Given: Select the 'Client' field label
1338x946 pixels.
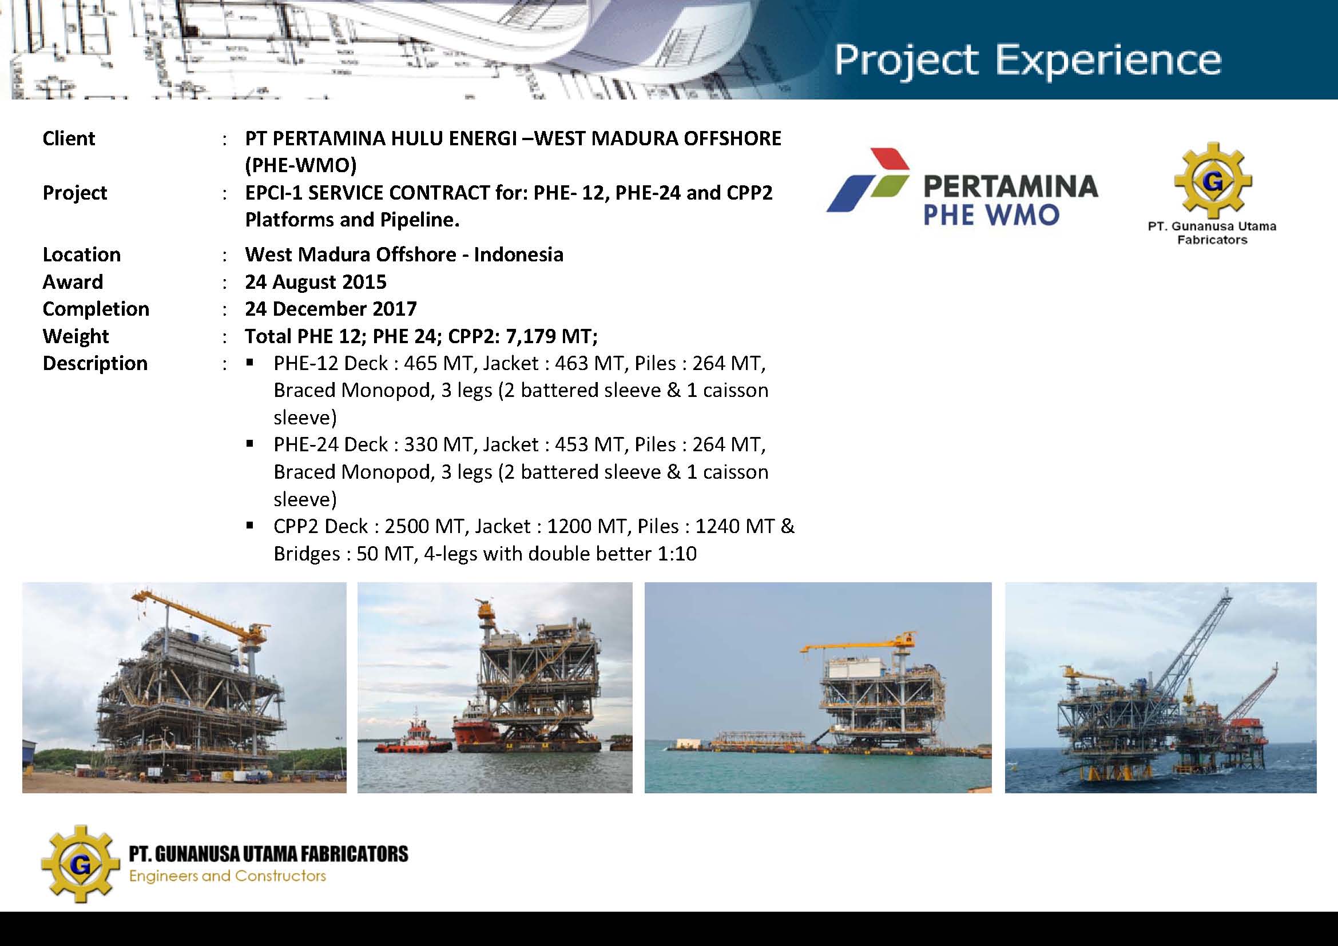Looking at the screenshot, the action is [x=69, y=138].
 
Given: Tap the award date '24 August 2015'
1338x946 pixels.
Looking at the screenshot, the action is [x=316, y=282].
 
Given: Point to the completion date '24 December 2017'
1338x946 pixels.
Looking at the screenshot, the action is [x=331, y=309].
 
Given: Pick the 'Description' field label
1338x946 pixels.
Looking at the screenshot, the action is [x=95, y=363].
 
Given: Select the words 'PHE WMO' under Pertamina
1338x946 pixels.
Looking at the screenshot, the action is [x=991, y=215].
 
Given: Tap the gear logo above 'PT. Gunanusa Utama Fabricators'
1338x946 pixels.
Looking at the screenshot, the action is [x=1213, y=181].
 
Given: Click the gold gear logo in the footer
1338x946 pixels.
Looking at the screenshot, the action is [x=81, y=864].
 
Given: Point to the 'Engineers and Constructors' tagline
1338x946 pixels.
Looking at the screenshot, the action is [x=227, y=876].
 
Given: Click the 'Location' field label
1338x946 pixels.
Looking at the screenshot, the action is [x=82, y=255].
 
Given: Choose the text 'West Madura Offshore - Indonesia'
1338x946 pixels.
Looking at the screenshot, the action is [x=404, y=255].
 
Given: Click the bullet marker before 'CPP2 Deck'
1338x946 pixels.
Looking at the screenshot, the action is [x=250, y=526].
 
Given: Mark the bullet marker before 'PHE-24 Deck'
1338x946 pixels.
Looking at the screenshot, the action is [x=250, y=444].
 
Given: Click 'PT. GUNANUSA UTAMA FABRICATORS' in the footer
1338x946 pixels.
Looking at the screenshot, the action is [x=269, y=854].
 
